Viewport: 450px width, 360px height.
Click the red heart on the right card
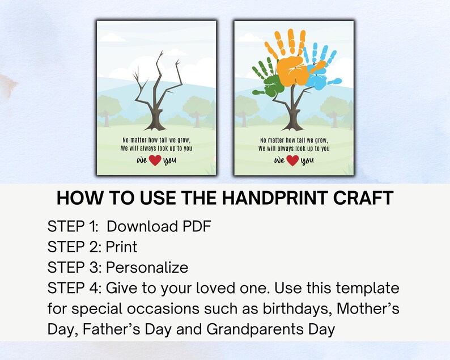293,160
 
